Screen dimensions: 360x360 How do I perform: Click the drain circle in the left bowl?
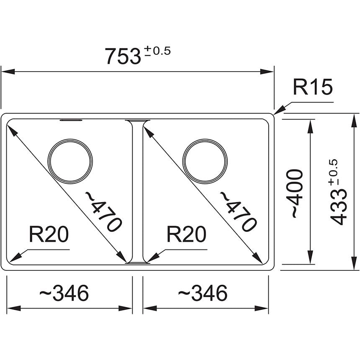[x=70, y=161]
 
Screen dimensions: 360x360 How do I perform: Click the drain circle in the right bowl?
[x=205, y=161]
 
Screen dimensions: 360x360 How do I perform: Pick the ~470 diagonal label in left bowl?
[x=103, y=211]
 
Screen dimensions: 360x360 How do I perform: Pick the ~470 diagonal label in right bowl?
[x=238, y=211]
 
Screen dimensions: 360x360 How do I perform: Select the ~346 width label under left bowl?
[x=64, y=293]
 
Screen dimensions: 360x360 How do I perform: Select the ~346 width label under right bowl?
[x=203, y=293]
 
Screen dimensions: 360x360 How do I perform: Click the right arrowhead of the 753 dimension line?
[x=268, y=71]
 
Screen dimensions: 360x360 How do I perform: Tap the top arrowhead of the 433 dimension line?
[x=350, y=118]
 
